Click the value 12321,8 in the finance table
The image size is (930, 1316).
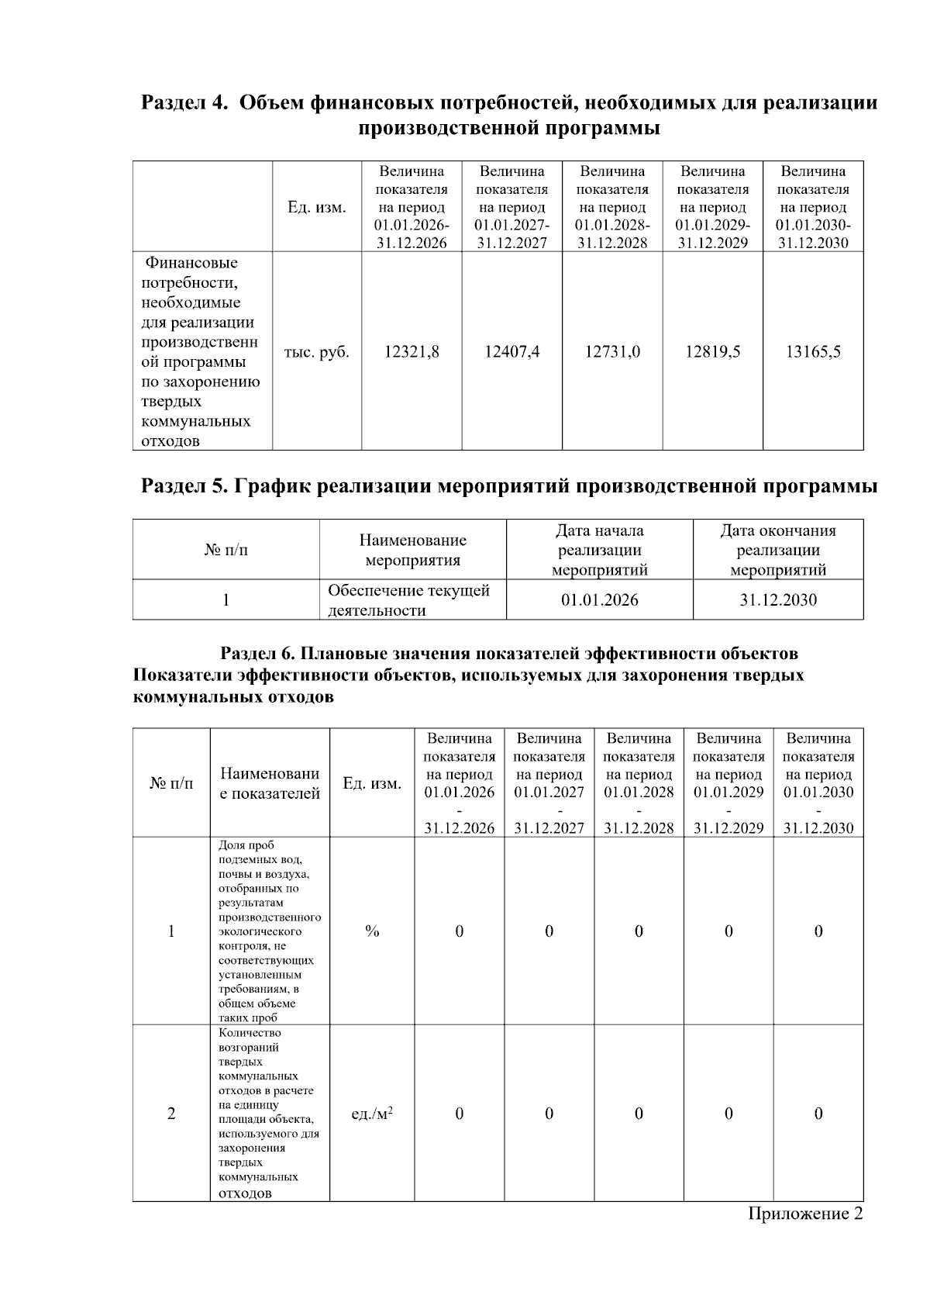(412, 352)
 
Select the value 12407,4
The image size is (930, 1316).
(511, 352)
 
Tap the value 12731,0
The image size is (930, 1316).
(612, 352)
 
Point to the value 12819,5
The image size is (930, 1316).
(712, 352)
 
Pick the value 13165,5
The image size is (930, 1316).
(813, 352)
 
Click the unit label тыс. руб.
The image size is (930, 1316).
(317, 352)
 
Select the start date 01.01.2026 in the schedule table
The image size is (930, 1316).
(599, 600)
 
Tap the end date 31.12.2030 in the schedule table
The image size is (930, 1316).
(778, 600)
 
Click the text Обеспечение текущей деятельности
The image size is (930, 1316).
(408, 600)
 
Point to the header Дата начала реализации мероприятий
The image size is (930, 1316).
(599, 551)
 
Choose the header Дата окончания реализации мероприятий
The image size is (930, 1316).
(778, 551)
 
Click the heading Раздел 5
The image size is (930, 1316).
(184, 486)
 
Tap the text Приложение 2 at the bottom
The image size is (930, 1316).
(804, 1214)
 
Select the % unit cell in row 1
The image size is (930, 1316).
(372, 931)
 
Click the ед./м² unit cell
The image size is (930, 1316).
(372, 1114)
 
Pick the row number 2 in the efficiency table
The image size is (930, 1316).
(171, 1114)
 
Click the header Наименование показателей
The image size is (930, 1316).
(270, 783)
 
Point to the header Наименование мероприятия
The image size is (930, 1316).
(412, 551)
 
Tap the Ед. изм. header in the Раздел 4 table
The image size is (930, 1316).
(317, 207)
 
